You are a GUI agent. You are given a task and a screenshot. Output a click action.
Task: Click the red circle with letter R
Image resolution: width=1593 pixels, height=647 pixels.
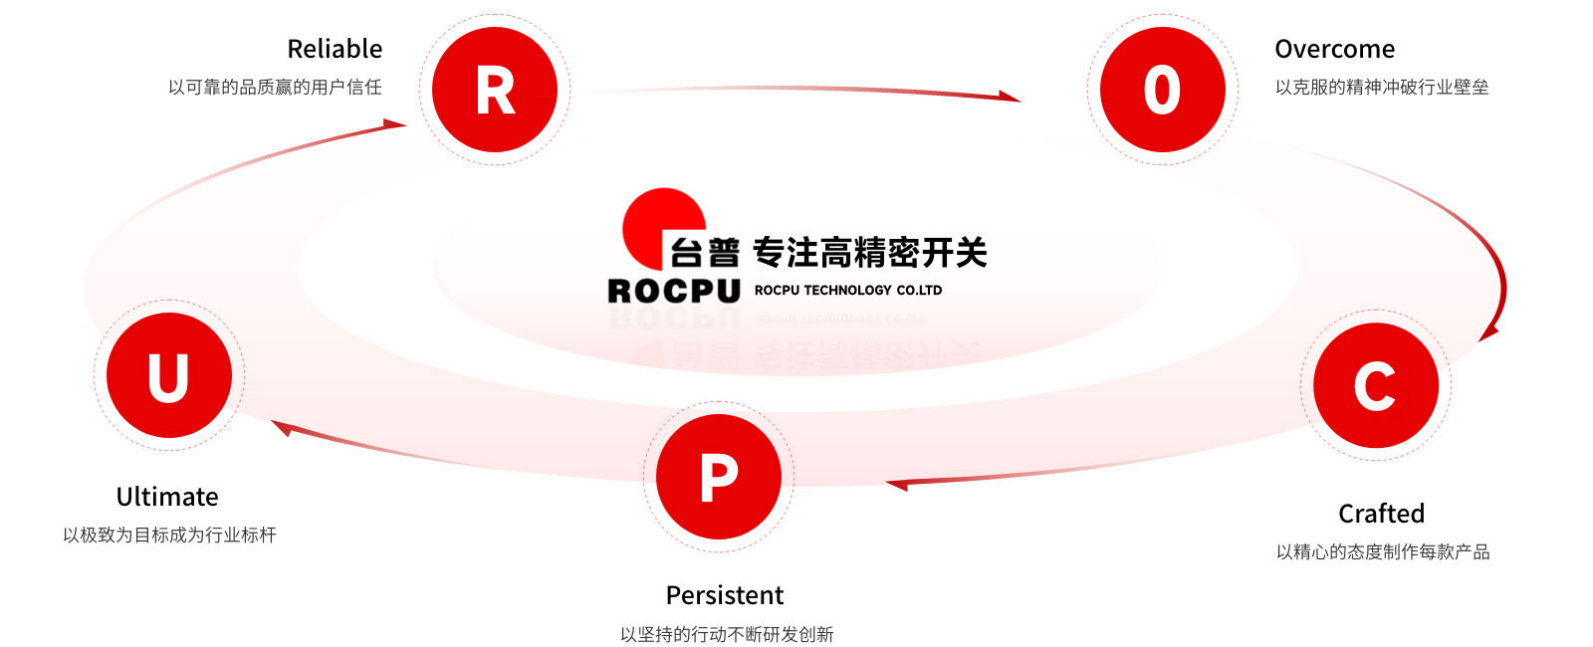(495, 90)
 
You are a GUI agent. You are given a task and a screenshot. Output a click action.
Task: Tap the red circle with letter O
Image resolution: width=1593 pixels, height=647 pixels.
(1162, 90)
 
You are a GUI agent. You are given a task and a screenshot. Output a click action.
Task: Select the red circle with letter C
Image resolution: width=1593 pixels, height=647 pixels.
(1375, 385)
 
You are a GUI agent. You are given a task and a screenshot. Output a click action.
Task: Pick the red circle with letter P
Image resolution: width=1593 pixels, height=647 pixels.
(719, 477)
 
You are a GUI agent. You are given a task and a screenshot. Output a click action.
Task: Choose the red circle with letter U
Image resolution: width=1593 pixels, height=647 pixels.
(168, 375)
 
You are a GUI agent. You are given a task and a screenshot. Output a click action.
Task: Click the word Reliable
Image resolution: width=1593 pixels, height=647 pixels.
(335, 49)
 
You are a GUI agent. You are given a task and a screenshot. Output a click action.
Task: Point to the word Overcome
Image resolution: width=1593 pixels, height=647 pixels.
(1334, 49)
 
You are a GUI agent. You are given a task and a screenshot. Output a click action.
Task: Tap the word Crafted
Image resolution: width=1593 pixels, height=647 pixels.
(1381, 514)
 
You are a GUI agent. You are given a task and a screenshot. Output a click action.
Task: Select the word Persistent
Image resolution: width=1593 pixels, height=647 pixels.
(725, 595)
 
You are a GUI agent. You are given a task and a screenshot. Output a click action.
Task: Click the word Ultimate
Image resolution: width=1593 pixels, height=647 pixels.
(167, 497)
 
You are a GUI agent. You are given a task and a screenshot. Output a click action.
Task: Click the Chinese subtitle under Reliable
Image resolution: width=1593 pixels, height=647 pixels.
(275, 88)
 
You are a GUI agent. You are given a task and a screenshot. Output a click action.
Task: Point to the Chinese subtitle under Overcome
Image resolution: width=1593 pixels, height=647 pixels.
(1382, 88)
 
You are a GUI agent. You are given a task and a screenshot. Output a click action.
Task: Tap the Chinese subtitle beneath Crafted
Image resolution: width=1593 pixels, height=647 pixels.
(1383, 552)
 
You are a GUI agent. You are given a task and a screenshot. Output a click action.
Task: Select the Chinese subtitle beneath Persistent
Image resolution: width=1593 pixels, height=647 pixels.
(727, 634)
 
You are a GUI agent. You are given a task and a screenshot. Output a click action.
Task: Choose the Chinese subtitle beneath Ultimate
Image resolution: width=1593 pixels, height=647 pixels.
(169, 536)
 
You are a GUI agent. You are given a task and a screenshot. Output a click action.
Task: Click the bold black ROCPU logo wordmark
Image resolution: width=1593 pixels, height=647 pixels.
(674, 291)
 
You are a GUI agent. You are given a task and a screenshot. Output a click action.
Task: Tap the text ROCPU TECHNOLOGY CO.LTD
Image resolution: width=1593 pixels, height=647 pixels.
(848, 291)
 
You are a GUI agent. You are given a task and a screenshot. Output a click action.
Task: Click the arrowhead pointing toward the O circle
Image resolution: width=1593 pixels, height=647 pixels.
(1010, 97)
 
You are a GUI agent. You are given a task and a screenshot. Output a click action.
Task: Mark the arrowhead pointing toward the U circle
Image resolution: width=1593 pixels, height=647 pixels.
(282, 428)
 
